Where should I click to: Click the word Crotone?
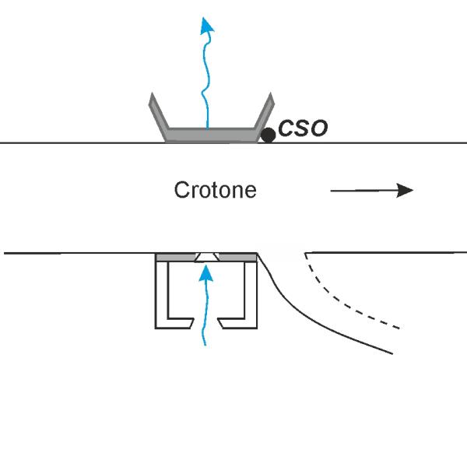(215, 190)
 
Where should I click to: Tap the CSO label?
(303, 128)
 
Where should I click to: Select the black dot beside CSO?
(268, 135)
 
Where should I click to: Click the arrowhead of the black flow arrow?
(405, 191)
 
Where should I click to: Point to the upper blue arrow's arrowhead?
(207, 26)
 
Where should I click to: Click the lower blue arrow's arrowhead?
(205, 273)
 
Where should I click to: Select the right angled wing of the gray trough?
(265, 117)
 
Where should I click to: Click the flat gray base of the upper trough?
(211, 135)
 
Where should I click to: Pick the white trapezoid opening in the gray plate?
(207, 258)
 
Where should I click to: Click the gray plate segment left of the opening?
(176, 258)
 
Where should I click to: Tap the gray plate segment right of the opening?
(237, 258)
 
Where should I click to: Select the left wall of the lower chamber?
(162, 295)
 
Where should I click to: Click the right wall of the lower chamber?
(251, 295)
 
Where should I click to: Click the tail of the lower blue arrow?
(205, 345)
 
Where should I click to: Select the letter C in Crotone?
(181, 190)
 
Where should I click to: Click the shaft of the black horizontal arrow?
(364, 191)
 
